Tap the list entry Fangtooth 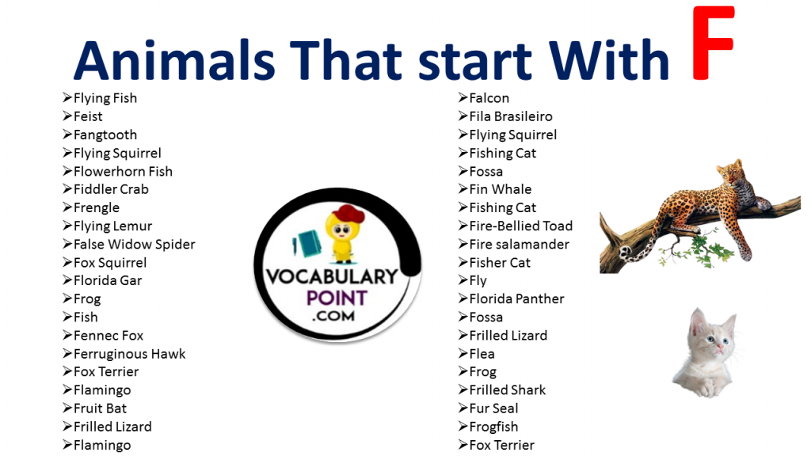pyautogui.click(x=105, y=135)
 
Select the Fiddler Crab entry pyautogui.click(x=111, y=189)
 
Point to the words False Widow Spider pyautogui.click(x=134, y=244)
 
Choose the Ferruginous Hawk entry pyautogui.click(x=129, y=354)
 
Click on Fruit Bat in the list pyautogui.click(x=100, y=408)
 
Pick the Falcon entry pyautogui.click(x=489, y=98)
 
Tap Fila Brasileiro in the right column pyautogui.click(x=511, y=116)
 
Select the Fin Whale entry pyautogui.click(x=500, y=189)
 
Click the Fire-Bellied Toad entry pyautogui.click(x=520, y=226)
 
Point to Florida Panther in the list pyautogui.click(x=516, y=299)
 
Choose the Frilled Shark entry pyautogui.click(x=507, y=390)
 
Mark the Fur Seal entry pyautogui.click(x=493, y=408)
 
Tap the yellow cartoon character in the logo pyautogui.click(x=343, y=234)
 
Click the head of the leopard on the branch pyautogui.click(x=729, y=173)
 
